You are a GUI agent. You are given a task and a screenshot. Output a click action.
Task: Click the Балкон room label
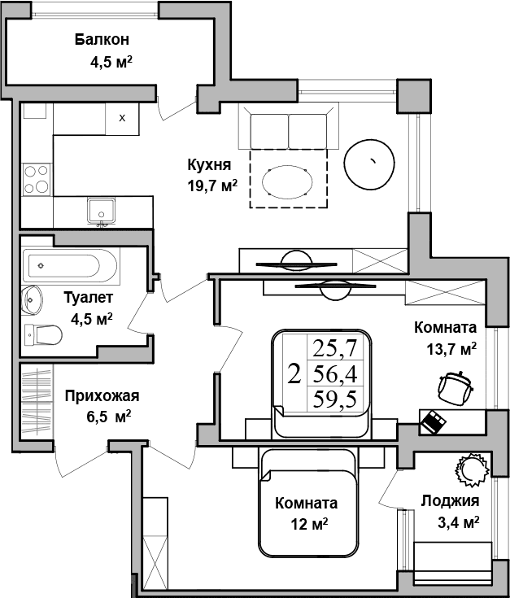click(x=102, y=39)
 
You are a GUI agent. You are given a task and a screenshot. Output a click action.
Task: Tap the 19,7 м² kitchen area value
click(x=211, y=184)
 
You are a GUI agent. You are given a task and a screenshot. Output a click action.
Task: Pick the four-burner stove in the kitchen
click(x=37, y=179)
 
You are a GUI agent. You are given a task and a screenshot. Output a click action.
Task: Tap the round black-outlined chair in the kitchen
click(x=370, y=163)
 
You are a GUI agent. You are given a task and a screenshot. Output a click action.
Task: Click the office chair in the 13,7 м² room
click(x=453, y=386)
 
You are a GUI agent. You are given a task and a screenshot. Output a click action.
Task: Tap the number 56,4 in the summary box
click(x=335, y=373)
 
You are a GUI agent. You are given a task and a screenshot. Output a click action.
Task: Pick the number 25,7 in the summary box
click(x=335, y=349)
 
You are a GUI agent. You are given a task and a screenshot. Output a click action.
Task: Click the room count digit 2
click(x=294, y=374)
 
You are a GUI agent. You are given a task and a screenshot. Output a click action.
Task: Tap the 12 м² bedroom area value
click(x=308, y=524)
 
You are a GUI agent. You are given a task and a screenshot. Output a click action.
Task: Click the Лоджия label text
click(x=450, y=501)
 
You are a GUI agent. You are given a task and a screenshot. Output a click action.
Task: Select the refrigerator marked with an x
click(x=123, y=118)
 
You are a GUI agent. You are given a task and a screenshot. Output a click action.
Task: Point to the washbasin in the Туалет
click(x=33, y=300)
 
